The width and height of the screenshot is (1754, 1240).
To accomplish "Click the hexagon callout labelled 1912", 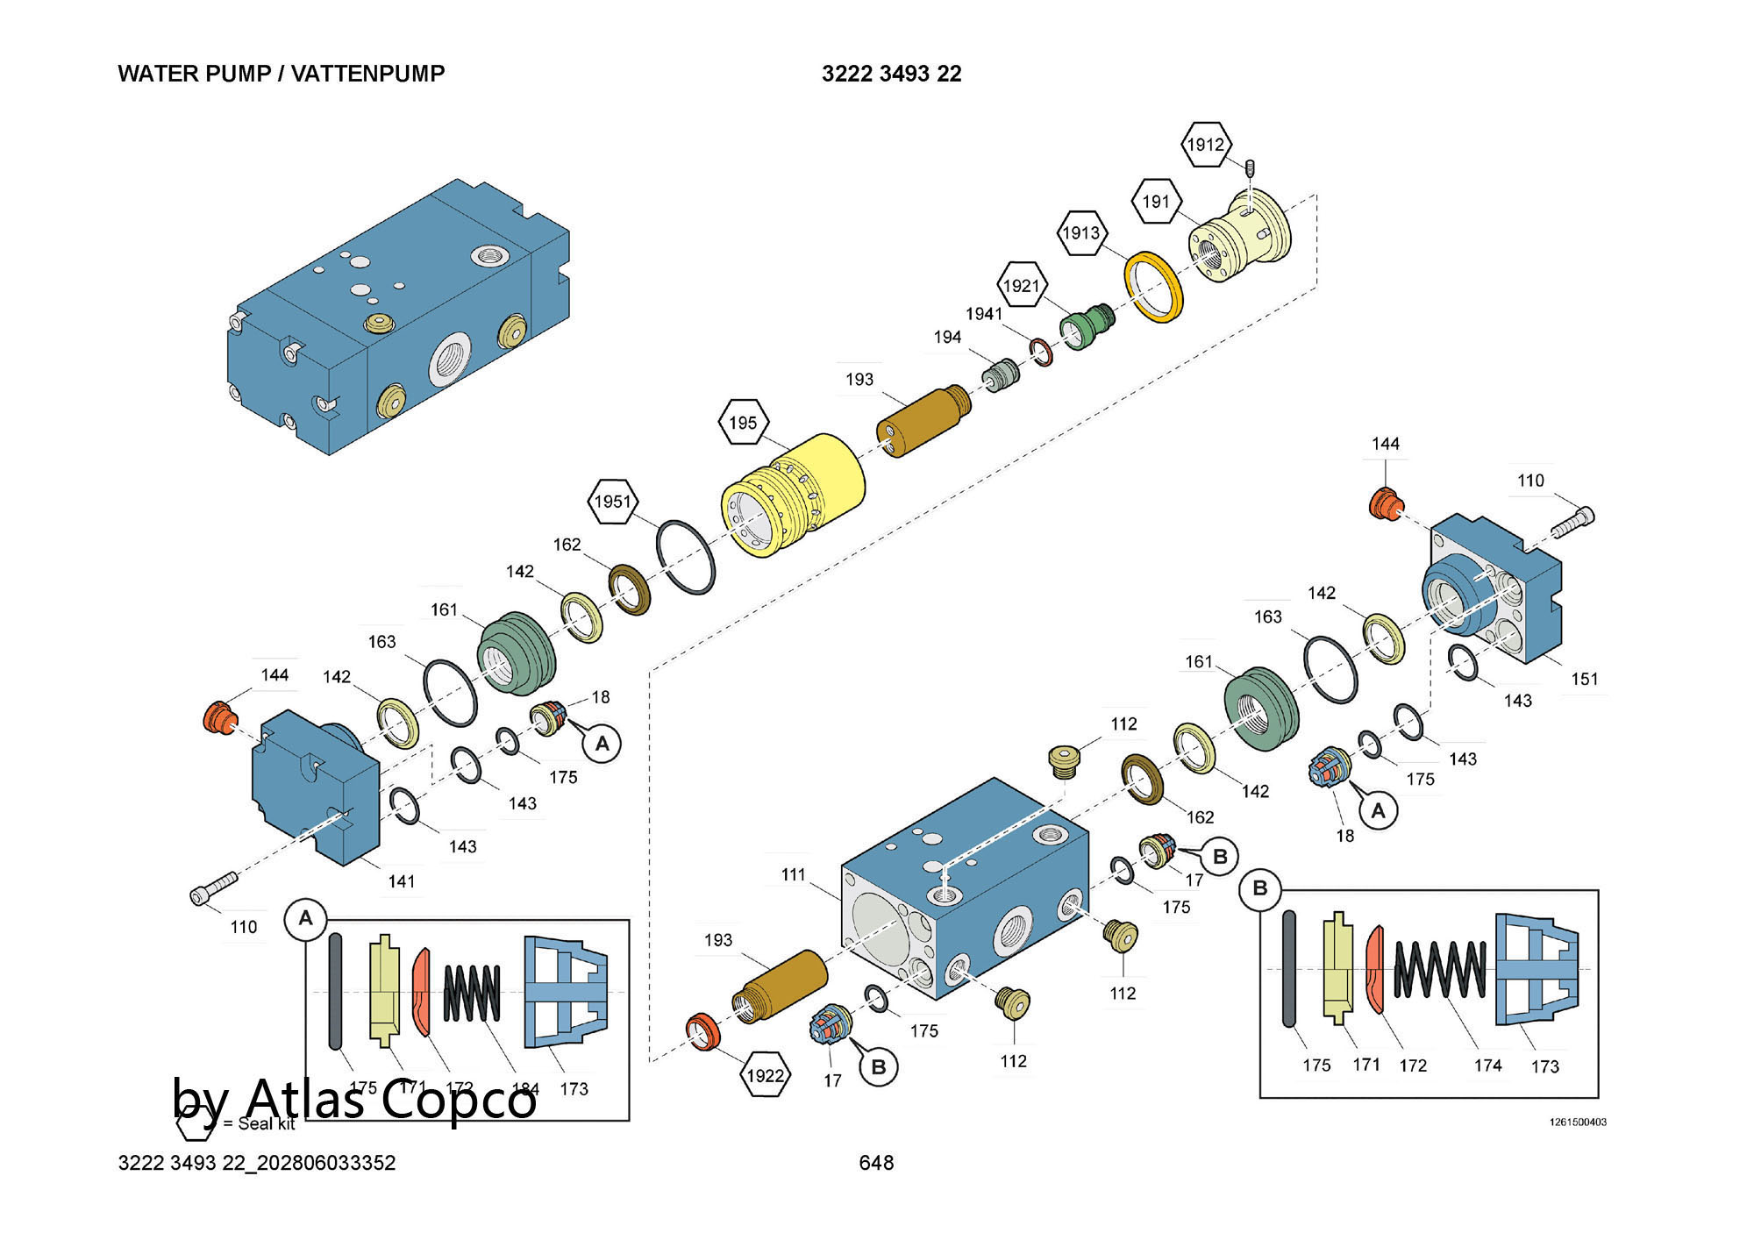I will coord(1206,145).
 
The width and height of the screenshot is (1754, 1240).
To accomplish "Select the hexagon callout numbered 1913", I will coord(1081,233).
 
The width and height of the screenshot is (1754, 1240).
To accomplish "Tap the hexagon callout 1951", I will coord(612,502).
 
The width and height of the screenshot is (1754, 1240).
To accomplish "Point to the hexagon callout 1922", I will coord(765,1075).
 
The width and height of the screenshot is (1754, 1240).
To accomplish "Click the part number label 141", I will coord(402,881).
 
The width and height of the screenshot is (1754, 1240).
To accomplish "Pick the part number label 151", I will coord(1584,679).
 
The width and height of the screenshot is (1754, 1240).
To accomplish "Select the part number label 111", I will coord(793,874).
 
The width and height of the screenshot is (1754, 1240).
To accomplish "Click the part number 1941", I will coord(984,314).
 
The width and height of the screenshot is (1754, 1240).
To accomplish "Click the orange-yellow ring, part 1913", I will coord(1153,287).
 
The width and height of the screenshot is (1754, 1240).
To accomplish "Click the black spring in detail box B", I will coord(1439,969).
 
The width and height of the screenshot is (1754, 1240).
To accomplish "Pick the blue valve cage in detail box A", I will coord(565,992).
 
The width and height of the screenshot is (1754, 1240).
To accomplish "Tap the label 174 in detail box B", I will coord(1487,1065).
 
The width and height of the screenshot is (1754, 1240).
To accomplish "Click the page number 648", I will coord(876,1163).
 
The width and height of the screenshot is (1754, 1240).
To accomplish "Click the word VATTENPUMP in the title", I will coord(367,74).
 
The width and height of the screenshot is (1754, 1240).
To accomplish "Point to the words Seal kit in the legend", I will coord(267,1124).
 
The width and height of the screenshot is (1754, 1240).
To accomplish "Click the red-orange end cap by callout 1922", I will coord(702,1031).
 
